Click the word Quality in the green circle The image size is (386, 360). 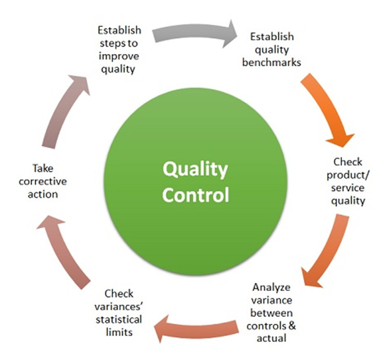195,169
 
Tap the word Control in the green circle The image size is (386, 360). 195,194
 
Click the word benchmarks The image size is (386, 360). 272,62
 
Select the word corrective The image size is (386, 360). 43,182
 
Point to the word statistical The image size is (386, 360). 119,319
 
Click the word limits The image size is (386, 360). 119,332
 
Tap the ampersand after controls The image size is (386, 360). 292,326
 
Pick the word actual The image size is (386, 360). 271,338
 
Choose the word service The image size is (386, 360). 347,188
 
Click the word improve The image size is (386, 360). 119,56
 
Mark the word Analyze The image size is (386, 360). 271,288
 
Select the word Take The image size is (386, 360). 43,169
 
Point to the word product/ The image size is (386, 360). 348,176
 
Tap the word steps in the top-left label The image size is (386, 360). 110,43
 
